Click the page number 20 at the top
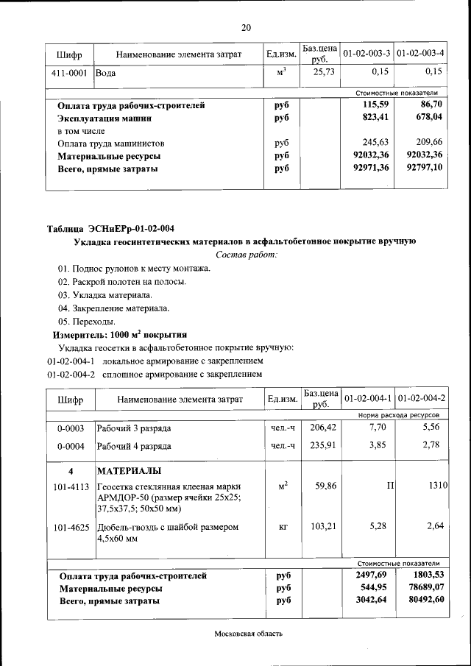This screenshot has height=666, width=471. click(x=246, y=28)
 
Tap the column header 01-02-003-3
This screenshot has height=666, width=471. click(x=366, y=54)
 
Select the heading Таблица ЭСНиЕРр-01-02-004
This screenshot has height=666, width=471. click(x=110, y=227)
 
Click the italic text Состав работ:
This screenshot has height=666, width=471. click(x=246, y=255)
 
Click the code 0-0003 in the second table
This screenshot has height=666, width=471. click(x=70, y=428)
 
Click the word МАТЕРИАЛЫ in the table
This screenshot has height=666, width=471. click(x=130, y=471)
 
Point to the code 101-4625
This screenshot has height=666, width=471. click(x=71, y=527)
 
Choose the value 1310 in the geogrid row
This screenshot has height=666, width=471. click(x=438, y=486)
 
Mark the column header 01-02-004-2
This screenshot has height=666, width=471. click(x=420, y=399)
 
